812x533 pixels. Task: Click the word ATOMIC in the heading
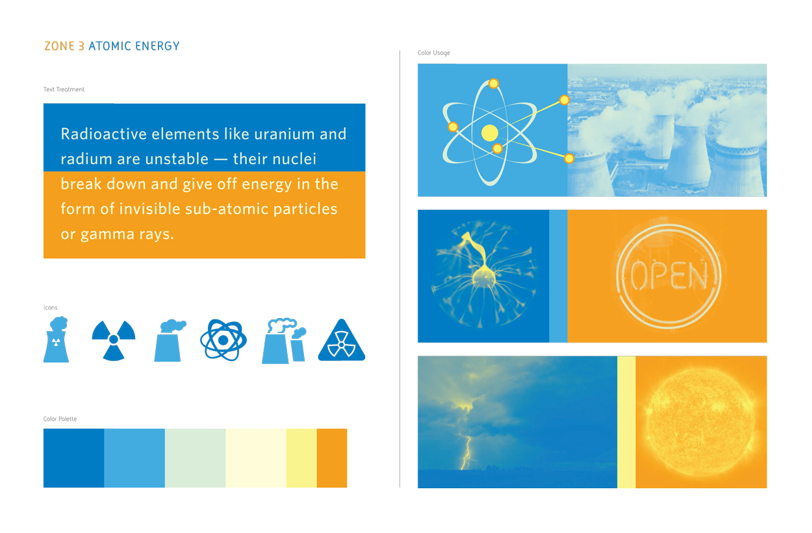click(x=110, y=46)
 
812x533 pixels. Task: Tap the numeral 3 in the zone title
click(x=82, y=46)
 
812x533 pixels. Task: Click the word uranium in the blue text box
click(x=285, y=134)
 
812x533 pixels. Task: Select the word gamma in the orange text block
click(x=107, y=235)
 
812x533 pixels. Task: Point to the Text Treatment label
click(x=64, y=90)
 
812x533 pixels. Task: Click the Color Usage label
click(x=433, y=53)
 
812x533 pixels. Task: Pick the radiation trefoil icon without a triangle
click(x=114, y=340)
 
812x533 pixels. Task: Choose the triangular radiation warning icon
click(x=342, y=340)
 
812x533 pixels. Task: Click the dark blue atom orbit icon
click(x=223, y=340)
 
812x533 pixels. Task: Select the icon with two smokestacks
click(x=284, y=341)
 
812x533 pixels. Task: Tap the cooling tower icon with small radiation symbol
click(x=56, y=340)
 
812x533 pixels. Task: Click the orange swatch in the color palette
click(x=332, y=458)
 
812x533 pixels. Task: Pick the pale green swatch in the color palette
click(x=195, y=458)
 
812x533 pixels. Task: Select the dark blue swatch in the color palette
click(x=73, y=458)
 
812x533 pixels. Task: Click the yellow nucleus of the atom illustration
click(x=489, y=133)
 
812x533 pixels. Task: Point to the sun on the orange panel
click(x=701, y=423)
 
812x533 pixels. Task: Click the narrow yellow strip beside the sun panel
click(x=626, y=422)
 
